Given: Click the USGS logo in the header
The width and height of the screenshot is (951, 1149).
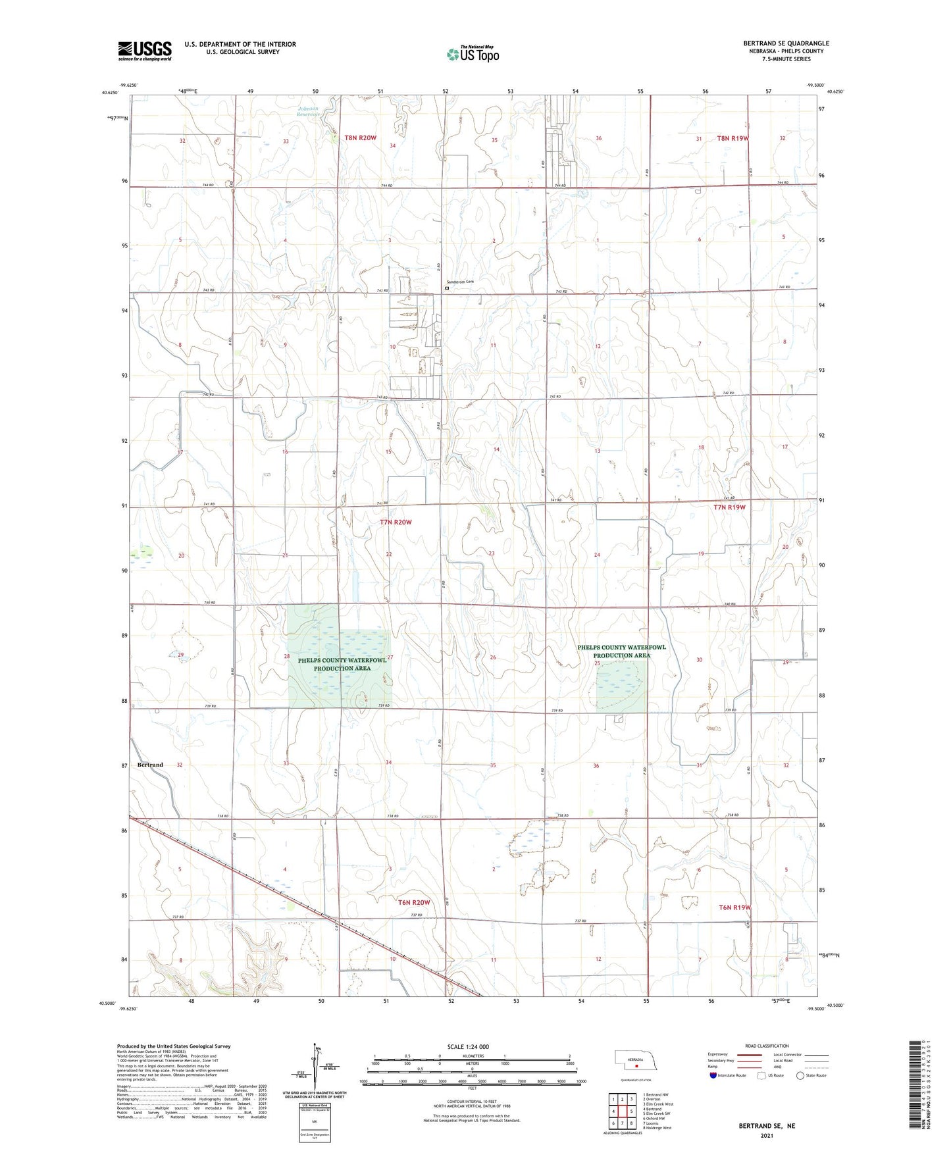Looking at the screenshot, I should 145,51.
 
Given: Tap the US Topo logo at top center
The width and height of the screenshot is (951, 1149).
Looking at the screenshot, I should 472,54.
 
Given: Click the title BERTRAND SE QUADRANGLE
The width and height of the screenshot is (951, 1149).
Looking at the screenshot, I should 786,43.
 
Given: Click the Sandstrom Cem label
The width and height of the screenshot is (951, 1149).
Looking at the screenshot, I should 460,282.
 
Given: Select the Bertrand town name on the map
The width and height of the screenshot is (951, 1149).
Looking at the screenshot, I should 150,765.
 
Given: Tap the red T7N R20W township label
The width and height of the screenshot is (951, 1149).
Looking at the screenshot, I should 396,522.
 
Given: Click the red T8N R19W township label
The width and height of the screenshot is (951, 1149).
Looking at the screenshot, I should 733,138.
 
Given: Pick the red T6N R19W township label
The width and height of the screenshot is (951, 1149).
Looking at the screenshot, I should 734,907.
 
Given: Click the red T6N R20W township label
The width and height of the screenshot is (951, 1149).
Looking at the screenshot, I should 414,902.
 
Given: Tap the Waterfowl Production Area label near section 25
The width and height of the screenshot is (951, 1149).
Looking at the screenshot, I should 621,651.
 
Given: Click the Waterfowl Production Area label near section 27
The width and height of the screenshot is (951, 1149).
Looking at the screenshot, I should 342,664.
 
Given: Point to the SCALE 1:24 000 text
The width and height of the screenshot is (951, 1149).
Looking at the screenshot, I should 468,1046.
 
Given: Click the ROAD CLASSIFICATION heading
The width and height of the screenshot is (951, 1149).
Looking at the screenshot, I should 767,1046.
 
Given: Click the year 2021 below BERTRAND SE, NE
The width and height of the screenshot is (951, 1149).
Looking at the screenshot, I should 766,1136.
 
